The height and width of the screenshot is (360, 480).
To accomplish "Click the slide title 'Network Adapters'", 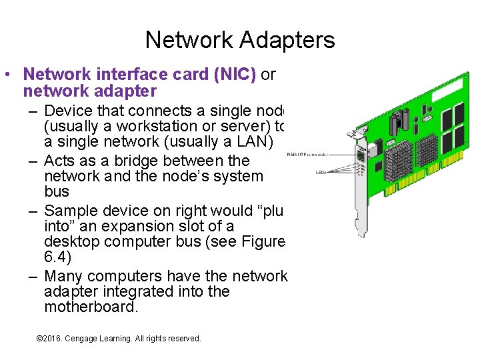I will [x=240, y=40].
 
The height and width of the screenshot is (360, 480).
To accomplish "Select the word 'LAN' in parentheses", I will [x=249, y=143].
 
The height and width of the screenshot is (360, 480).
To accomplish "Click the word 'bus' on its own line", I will [x=56, y=192].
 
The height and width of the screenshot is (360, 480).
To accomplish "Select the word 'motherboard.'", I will [x=91, y=307].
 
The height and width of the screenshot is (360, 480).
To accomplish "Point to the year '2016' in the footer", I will [x=52, y=339].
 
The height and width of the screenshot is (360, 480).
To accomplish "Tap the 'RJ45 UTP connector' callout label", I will [x=307, y=154].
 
